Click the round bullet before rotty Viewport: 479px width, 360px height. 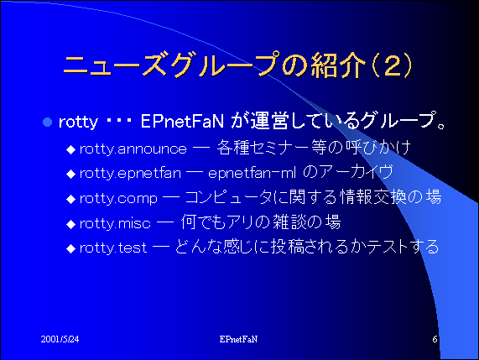pos(47,123)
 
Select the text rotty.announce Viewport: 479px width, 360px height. pos(133,149)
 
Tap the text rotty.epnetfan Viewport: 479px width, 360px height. pos(130,174)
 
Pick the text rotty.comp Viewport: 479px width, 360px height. pos(118,199)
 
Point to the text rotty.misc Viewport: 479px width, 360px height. pos(115,223)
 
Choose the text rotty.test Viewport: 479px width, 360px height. pos(113,248)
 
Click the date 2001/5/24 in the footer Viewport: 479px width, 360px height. pos(60,339)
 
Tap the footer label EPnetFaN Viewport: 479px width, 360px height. pos(238,339)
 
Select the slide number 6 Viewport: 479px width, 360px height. pos(435,339)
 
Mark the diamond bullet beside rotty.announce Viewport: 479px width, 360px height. pos(70,149)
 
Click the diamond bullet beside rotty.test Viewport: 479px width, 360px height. pos(70,248)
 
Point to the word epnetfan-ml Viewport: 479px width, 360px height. pos(252,174)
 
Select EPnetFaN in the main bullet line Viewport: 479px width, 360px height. pos(182,122)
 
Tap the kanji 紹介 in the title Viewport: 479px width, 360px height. pos(338,65)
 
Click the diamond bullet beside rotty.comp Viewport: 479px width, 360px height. pos(70,199)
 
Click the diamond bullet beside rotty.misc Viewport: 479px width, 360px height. pos(70,224)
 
